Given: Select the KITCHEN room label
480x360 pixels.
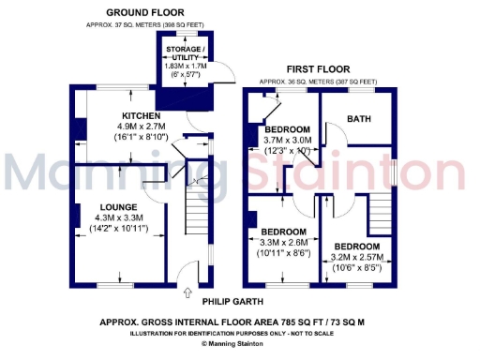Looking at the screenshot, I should (x=113, y=115).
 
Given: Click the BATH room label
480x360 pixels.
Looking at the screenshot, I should (x=358, y=119).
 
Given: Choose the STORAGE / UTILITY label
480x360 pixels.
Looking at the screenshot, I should (x=185, y=52).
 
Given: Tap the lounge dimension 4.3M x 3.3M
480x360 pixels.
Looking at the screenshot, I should (x=120, y=217).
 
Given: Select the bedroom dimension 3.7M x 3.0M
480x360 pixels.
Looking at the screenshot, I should (x=287, y=140).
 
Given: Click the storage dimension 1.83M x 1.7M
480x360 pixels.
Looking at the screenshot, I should (x=185, y=67).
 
